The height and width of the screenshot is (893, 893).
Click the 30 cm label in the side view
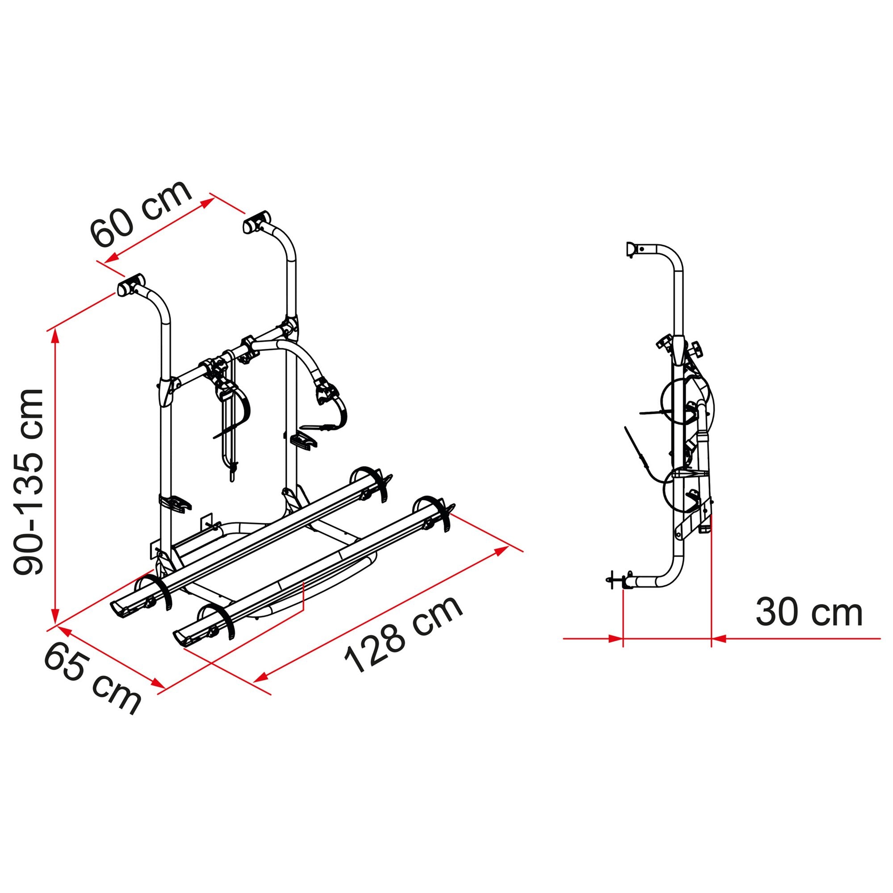click(809, 613)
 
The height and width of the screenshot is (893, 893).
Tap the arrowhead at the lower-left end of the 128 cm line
click(262, 678)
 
